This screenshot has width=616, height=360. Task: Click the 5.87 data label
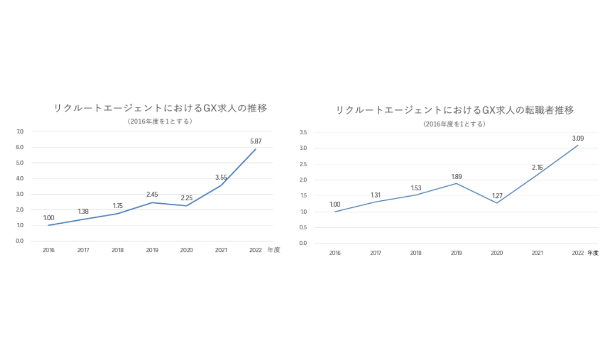255,141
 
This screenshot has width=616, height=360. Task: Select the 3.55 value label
221,178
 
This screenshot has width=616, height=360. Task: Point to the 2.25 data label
187,198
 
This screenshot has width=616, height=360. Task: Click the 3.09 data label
578,138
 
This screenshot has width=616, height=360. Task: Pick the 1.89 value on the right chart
456,177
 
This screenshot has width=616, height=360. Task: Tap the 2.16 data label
537,167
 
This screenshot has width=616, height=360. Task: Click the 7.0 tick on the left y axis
20,132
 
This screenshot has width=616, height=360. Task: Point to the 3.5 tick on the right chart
304,133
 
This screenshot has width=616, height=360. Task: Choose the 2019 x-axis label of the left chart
152,250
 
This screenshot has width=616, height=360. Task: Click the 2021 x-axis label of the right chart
537,253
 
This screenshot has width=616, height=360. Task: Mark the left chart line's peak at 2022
255,150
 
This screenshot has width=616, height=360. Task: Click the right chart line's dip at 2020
497,203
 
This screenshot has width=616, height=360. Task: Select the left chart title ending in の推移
161,108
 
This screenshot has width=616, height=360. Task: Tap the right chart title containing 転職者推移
454,110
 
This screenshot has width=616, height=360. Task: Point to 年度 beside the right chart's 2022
593,253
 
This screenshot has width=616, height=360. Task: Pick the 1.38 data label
83,212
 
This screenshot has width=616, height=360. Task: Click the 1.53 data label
416,188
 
